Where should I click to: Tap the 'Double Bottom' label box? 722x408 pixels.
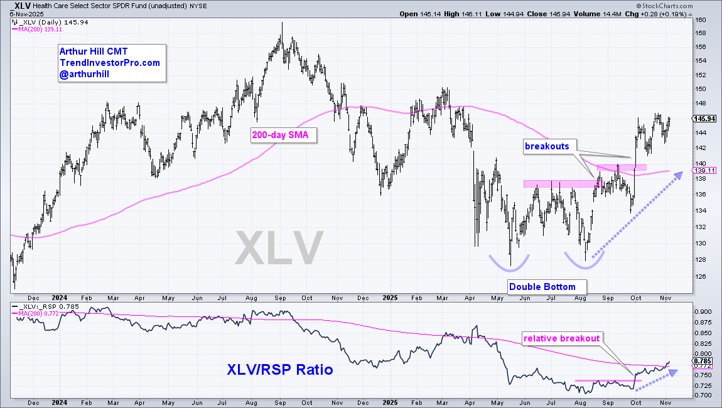(x=542, y=287)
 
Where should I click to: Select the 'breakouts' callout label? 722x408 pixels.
(x=547, y=146)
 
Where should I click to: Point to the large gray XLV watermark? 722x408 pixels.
(x=279, y=247)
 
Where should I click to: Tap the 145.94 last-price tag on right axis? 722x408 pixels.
(x=703, y=118)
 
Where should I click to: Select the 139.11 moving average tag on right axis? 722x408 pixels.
(x=703, y=170)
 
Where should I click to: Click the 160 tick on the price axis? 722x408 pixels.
(x=699, y=20)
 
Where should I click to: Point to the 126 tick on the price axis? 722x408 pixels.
(x=699, y=277)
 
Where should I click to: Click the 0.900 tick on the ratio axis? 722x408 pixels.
(x=703, y=311)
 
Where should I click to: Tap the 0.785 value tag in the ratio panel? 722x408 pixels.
(x=703, y=360)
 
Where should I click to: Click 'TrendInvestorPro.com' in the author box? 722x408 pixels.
(x=110, y=63)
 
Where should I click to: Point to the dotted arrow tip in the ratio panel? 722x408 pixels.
(x=677, y=371)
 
